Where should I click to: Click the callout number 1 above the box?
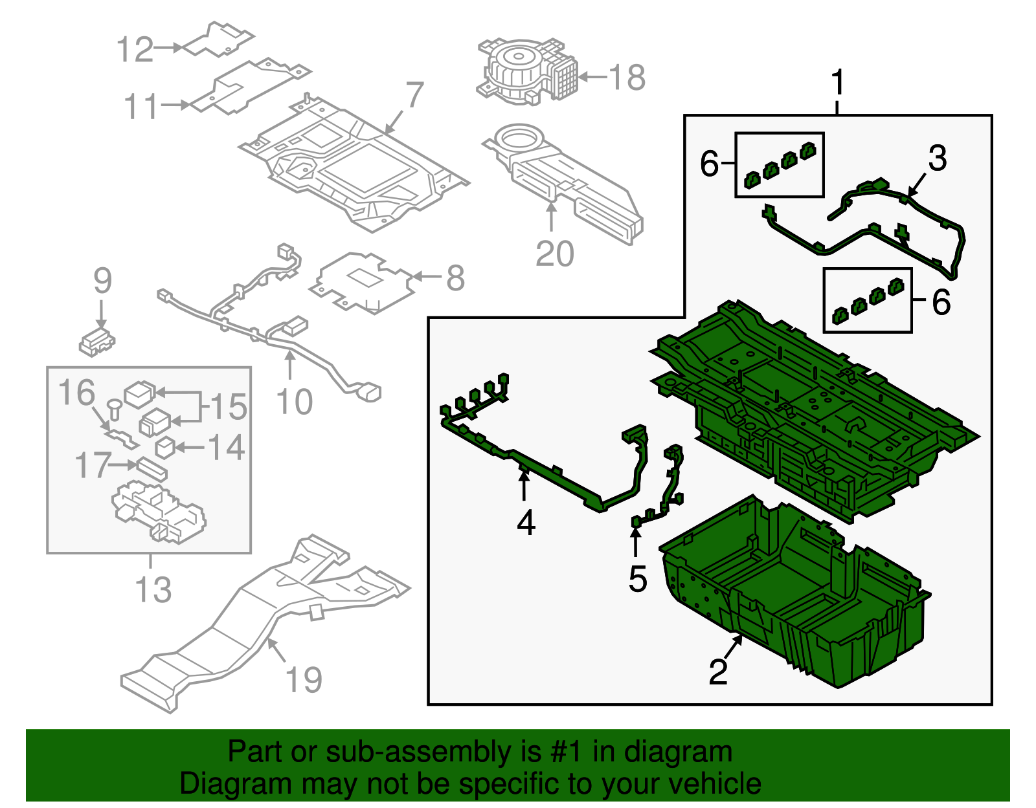(838, 83)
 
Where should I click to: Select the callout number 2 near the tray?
(718, 672)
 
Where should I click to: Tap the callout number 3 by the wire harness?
(937, 158)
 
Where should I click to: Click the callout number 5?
(638, 578)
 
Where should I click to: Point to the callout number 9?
(102, 281)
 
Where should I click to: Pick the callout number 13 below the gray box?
(153, 590)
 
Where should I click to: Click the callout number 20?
(555, 254)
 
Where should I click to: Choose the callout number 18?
(627, 78)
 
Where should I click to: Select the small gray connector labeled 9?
(97, 341)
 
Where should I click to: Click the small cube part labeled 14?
(166, 447)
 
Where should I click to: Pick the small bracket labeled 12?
(217, 40)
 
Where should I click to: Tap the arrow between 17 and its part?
(123, 464)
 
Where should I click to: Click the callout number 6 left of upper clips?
(710, 164)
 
